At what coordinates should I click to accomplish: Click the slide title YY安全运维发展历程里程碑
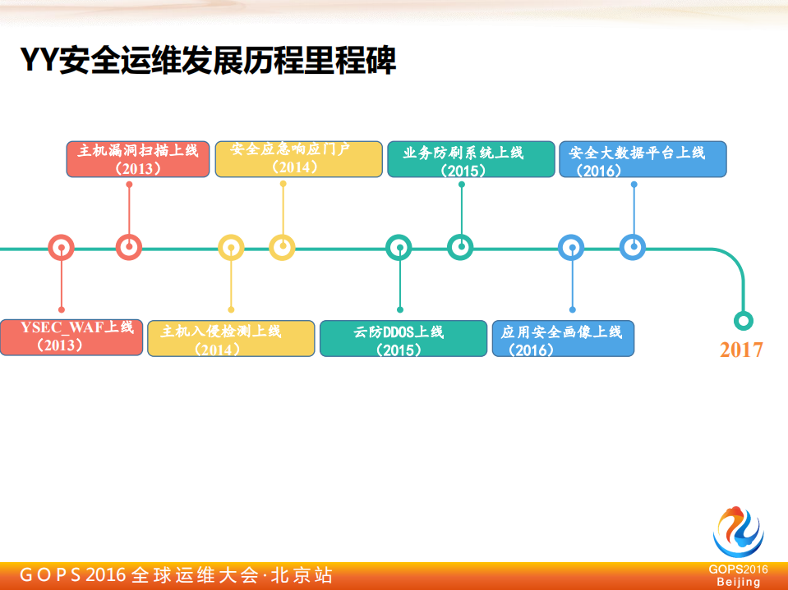(208, 60)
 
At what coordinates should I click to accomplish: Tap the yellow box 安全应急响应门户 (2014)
(298, 159)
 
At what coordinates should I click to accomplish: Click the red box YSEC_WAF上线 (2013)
(71, 337)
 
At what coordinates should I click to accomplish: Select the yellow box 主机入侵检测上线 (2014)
(231, 338)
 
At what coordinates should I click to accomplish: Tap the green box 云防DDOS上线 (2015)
(403, 338)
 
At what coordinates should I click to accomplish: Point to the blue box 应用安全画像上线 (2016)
(563, 338)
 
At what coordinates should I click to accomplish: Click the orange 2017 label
(741, 350)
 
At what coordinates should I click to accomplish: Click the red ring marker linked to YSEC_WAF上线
(62, 247)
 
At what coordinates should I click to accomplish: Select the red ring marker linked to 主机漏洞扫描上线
(129, 247)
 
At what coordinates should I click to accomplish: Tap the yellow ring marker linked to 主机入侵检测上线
(231, 247)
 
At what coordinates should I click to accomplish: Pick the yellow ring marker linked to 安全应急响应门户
(282, 247)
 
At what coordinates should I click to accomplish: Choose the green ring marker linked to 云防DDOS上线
(399, 247)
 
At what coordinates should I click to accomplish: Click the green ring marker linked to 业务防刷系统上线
(460, 247)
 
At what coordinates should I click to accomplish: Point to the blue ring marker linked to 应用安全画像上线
(571, 247)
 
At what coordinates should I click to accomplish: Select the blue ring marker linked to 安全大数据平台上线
(633, 247)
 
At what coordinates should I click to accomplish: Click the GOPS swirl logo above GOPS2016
(737, 533)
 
